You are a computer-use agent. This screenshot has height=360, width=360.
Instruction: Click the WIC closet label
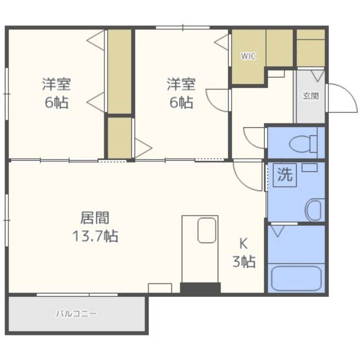click(x=248, y=56)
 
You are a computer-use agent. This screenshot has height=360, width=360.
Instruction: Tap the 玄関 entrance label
click(x=310, y=96)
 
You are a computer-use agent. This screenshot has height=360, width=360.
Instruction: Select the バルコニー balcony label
click(x=76, y=314)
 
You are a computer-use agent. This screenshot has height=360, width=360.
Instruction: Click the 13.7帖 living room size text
click(x=95, y=236)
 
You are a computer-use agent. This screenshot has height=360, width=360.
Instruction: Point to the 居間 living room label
click(x=95, y=218)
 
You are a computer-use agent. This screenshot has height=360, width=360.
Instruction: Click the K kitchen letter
click(x=243, y=243)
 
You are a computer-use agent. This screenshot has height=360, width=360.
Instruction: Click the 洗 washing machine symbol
click(x=285, y=175)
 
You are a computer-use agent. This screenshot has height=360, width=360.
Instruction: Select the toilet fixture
click(x=303, y=144)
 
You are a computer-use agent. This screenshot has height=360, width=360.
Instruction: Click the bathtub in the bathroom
click(x=296, y=279)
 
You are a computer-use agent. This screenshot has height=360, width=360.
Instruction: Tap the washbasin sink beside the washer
click(x=314, y=210)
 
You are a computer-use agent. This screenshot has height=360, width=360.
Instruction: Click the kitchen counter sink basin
click(x=207, y=230)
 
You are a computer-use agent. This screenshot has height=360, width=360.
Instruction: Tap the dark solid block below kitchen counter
click(x=200, y=288)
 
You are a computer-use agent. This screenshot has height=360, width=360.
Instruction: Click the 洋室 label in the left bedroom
click(x=56, y=84)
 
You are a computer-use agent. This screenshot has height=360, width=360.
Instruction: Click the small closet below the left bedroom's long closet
click(x=119, y=138)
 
